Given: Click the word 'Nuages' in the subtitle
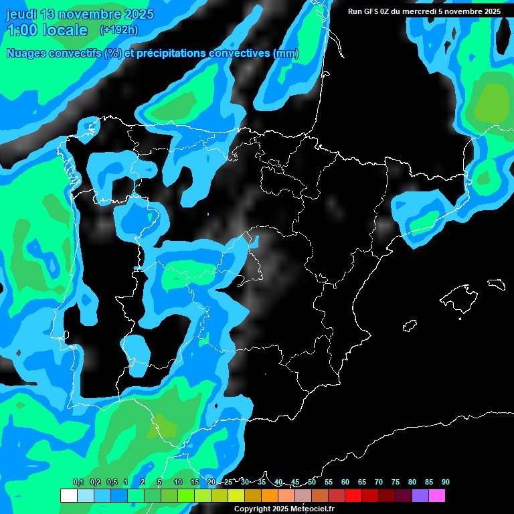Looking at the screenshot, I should pyautogui.click(x=27, y=54).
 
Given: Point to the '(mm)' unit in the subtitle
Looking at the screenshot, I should pyautogui.click(x=286, y=54).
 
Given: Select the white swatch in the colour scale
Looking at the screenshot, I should pyautogui.click(x=68, y=495).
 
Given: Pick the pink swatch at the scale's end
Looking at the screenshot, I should pyautogui.click(x=436, y=495).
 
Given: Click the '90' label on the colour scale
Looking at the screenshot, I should pyautogui.click(x=445, y=482).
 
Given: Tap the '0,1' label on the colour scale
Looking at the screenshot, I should pyautogui.click(x=78, y=482).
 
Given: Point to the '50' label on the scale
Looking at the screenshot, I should pyautogui.click(x=312, y=482).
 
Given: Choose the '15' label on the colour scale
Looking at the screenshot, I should pyautogui.click(x=195, y=482).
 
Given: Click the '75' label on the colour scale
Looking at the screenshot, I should pyautogui.click(x=396, y=482).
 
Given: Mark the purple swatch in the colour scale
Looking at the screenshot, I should pyautogui.click(x=420, y=495).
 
